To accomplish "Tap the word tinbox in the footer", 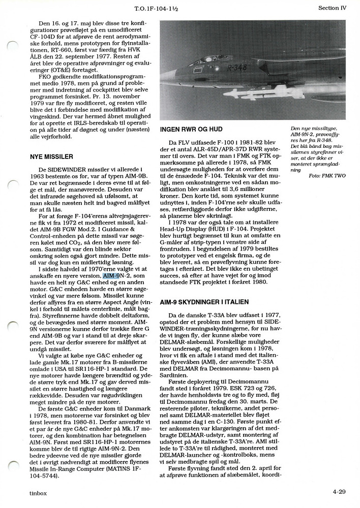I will pos(38,492).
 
